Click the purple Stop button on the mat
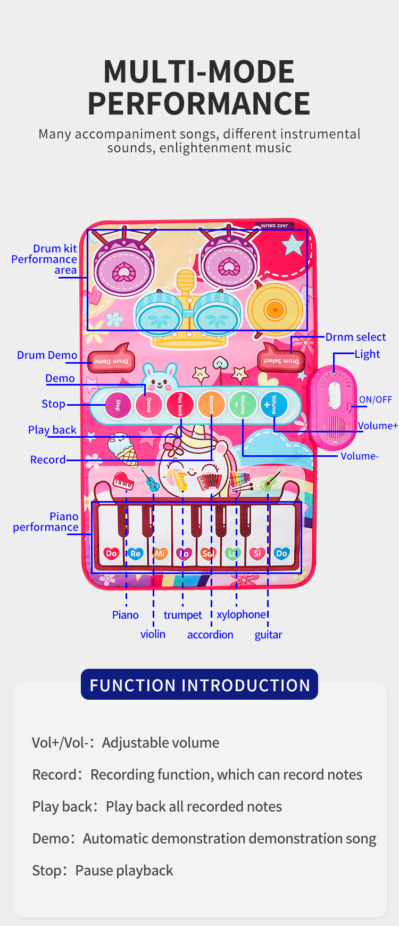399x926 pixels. click(118, 405)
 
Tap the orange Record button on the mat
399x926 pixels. click(211, 404)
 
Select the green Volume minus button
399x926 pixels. click(242, 404)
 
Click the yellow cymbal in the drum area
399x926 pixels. click(275, 309)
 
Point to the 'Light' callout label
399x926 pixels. click(367, 354)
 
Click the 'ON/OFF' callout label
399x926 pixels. click(375, 399)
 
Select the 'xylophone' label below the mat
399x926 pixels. click(241, 614)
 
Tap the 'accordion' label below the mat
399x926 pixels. click(210, 635)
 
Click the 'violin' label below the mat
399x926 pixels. click(153, 634)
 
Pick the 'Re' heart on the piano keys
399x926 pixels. click(136, 553)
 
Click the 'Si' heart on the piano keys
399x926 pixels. click(257, 553)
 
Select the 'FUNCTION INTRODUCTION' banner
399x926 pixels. click(199, 685)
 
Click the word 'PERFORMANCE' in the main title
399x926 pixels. click(199, 103)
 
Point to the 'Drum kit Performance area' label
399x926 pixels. click(45, 259)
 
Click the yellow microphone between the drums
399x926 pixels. click(186, 285)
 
